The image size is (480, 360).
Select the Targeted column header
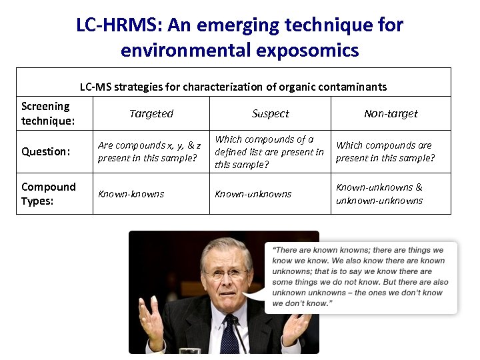point(151,113)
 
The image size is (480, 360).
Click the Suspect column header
point(270,113)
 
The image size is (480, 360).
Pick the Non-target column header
point(391,113)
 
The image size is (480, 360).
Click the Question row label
point(45,151)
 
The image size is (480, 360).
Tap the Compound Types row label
point(49,193)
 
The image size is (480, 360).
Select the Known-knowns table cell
point(131,194)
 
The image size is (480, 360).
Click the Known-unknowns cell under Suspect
point(253,194)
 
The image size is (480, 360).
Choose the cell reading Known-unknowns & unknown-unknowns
point(379,194)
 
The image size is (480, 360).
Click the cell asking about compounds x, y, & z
point(149,151)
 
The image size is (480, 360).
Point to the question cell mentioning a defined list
point(269,151)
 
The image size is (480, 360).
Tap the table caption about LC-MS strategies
point(233,87)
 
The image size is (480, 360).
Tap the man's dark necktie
point(229,333)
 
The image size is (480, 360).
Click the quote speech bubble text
point(360,277)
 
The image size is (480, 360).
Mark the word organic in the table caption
point(307,87)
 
